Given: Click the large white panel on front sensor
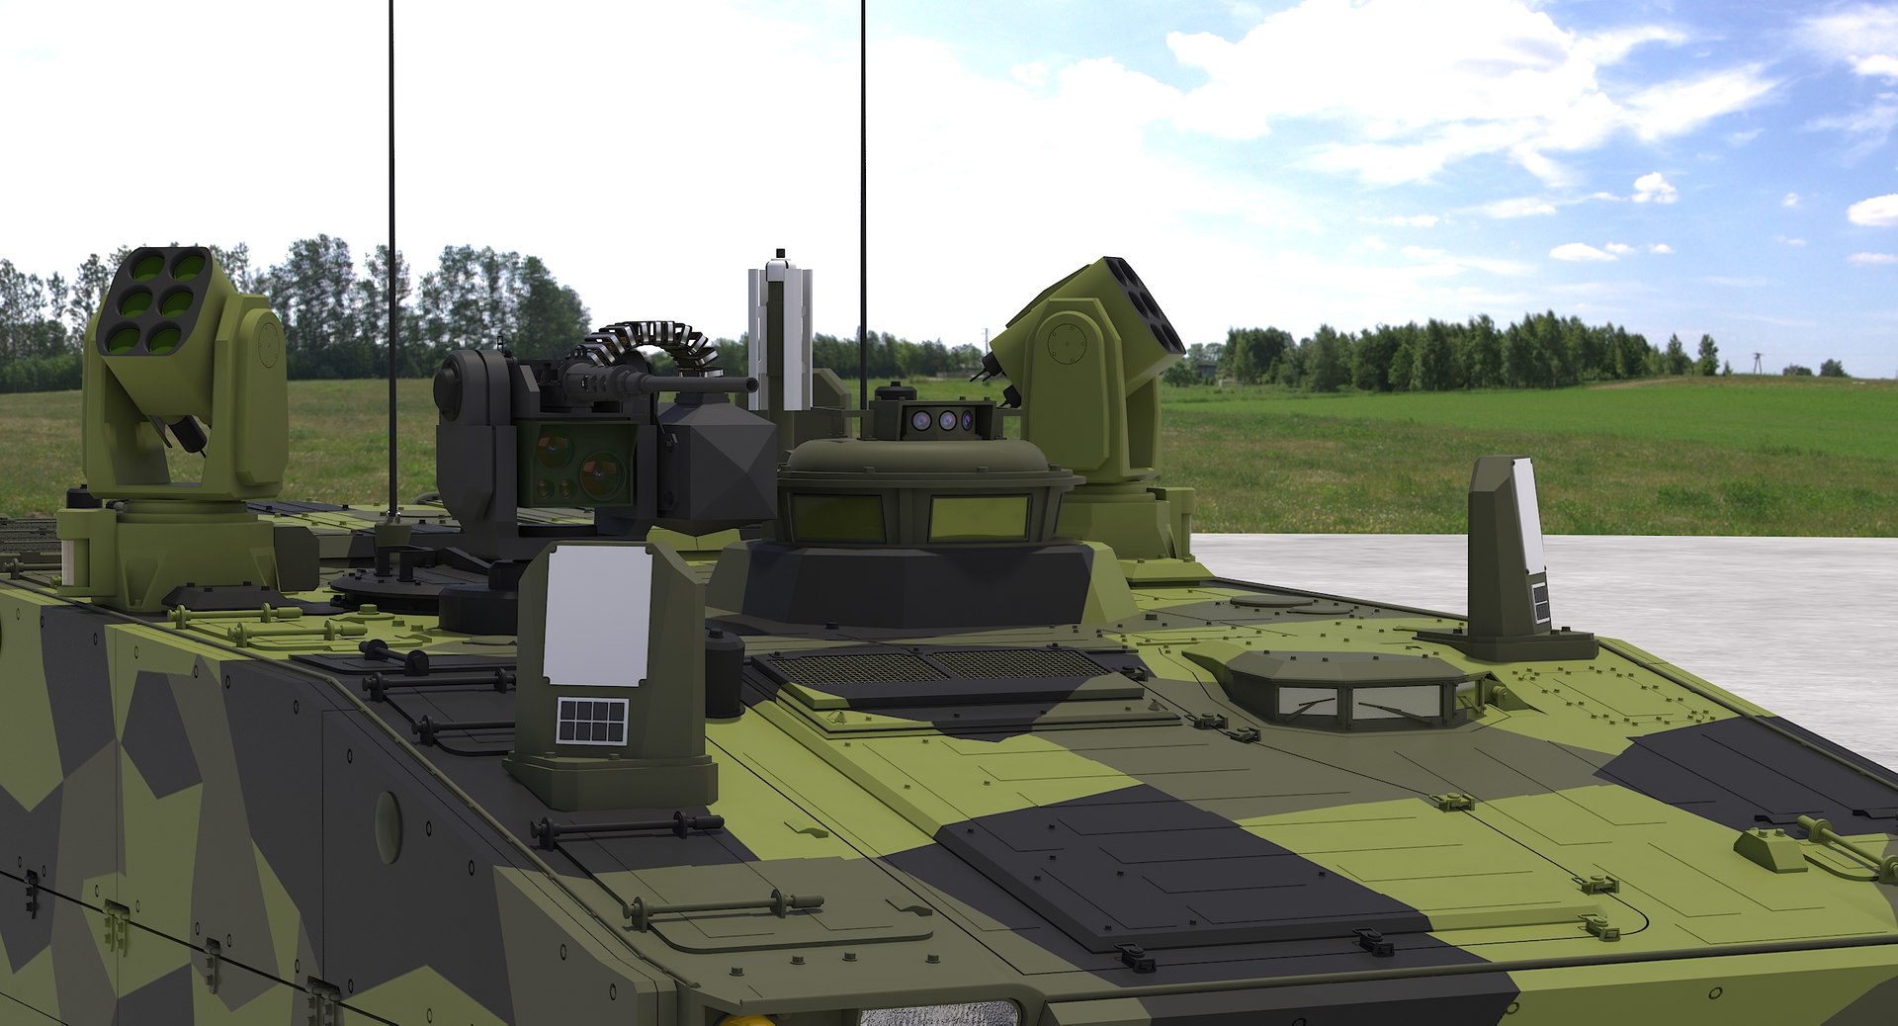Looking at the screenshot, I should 597,615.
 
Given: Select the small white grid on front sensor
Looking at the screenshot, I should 591,721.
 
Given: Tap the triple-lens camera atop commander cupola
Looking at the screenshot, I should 944,421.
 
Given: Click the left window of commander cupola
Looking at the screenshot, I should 835,517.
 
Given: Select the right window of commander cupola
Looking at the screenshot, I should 979,517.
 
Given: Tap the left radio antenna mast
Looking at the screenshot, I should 391,247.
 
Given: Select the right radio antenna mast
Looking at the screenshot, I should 863,198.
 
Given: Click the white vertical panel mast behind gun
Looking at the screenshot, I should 779,336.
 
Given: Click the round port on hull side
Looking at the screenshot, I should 388,826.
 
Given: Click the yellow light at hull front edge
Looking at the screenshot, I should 737,1019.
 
